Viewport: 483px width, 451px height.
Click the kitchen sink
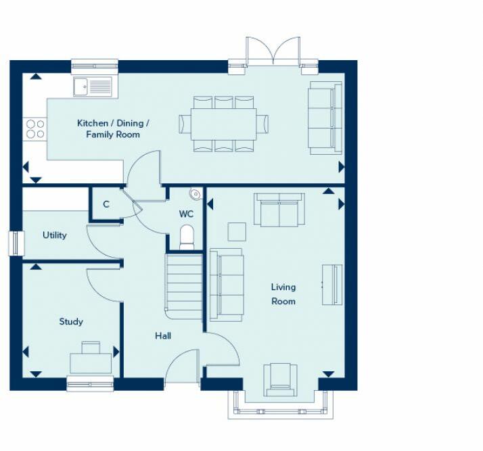point(93,86)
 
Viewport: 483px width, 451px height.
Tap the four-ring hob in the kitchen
point(35,129)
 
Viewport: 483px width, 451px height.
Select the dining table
point(224,124)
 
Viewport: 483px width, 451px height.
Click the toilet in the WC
point(187,237)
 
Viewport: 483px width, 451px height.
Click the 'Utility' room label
point(55,235)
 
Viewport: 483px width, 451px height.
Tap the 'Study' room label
point(71,322)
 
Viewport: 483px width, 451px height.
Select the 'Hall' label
point(163,335)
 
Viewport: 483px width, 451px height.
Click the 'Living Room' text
point(283,294)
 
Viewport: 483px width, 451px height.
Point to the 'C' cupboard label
point(106,204)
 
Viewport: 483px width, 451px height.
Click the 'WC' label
point(186,214)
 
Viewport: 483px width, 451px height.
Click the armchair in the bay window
point(280,379)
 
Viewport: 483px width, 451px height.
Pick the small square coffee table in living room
point(237,232)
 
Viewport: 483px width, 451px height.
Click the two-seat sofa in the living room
point(279,210)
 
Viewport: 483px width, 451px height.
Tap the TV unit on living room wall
point(332,285)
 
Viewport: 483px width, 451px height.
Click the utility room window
point(16,243)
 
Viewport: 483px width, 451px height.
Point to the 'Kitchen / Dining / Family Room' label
point(113,128)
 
